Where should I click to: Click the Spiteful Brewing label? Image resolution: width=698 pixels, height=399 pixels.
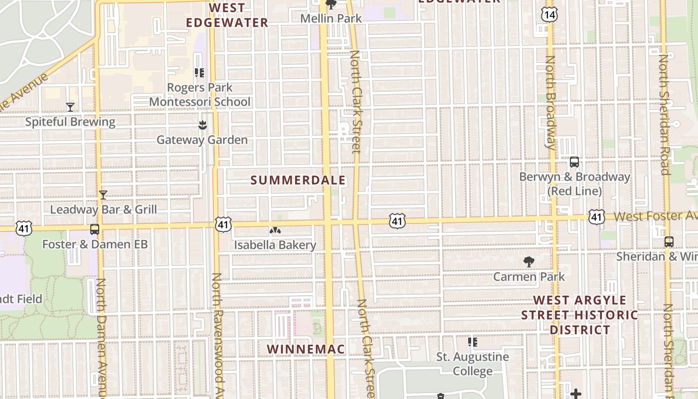pos(70,122)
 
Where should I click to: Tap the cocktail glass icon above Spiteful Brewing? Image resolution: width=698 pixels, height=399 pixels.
pos(70,107)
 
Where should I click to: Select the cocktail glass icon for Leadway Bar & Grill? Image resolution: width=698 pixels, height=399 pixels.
pos(103,195)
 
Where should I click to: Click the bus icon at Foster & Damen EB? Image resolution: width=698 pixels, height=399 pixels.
pos(95,229)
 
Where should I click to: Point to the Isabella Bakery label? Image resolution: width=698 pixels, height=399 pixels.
pos(275,245)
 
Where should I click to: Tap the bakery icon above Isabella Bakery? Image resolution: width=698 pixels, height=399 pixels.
pos(275,230)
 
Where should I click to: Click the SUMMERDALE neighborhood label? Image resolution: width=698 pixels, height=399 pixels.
pos(298,180)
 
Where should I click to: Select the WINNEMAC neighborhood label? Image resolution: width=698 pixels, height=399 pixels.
pos(306,349)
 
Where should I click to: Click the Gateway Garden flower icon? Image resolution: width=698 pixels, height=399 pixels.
pos(202,125)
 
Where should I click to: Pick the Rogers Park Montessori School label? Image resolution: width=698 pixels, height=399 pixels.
pos(200,95)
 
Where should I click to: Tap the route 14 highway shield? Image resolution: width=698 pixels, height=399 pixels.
pos(549,14)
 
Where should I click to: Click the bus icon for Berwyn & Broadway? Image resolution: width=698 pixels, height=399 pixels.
pos(574,162)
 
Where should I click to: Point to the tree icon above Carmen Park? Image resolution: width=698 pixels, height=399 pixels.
pos(529,262)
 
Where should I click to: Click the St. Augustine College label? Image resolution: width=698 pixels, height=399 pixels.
pos(473,364)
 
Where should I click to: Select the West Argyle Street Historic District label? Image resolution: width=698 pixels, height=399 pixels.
pos(580,315)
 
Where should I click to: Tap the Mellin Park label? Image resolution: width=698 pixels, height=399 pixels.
pos(331,18)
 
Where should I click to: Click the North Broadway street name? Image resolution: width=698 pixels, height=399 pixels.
pos(550,102)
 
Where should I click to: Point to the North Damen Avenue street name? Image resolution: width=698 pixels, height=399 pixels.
pos(101,339)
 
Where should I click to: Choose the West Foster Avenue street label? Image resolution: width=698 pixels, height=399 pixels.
pos(655,216)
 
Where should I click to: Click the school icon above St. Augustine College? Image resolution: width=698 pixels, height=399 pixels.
pos(472,342)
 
